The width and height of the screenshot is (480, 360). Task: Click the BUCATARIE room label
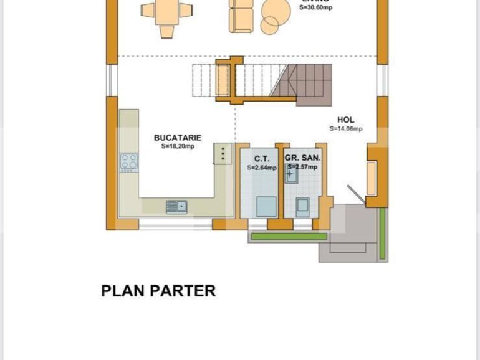click(178, 138)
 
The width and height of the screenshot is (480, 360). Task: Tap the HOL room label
click(345, 120)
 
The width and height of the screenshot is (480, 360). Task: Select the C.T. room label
click(262, 159)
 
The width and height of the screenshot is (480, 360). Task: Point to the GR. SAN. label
click(303, 159)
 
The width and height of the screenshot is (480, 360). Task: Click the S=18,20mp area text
click(178, 147)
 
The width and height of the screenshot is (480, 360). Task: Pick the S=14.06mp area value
click(346, 129)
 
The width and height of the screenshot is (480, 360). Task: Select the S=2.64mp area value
click(262, 168)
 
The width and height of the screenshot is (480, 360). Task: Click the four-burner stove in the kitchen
click(129, 163)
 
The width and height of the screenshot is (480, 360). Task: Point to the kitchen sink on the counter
click(176, 206)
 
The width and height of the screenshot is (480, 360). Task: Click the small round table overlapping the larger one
click(269, 25)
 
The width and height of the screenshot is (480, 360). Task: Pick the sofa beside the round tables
click(242, 16)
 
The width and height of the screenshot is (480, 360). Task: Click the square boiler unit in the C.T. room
click(267, 206)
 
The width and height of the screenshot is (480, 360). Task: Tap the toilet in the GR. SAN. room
click(303, 206)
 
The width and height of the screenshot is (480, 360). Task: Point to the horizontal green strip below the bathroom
click(287, 237)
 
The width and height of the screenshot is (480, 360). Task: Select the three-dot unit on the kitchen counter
click(223, 154)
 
